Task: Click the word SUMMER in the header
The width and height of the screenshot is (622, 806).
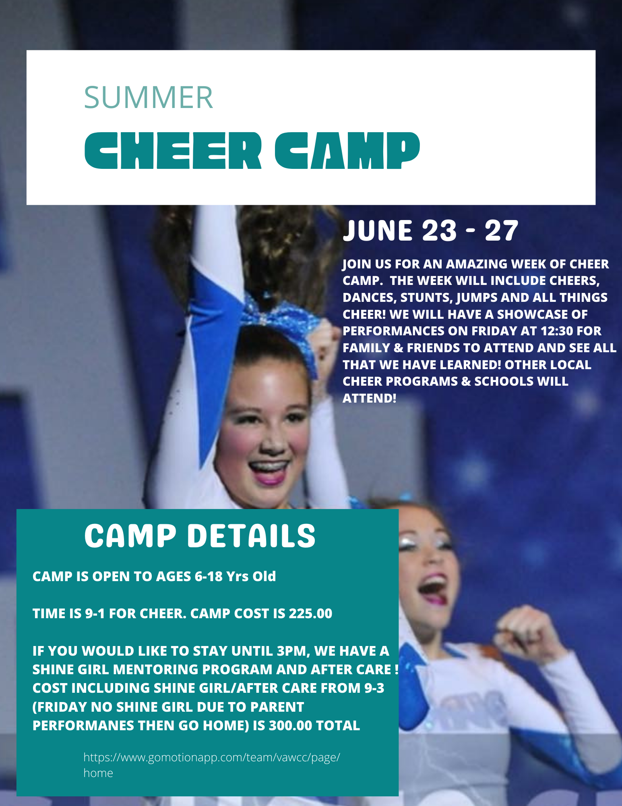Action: coord(148,98)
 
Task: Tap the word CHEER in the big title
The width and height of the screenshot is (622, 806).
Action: coord(173,150)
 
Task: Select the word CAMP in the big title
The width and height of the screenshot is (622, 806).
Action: coord(347,150)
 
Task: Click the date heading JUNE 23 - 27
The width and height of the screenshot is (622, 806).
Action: coord(430,231)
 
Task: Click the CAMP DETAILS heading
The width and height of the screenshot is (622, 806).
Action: coord(200,536)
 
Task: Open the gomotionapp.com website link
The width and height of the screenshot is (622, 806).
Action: coord(212,765)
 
